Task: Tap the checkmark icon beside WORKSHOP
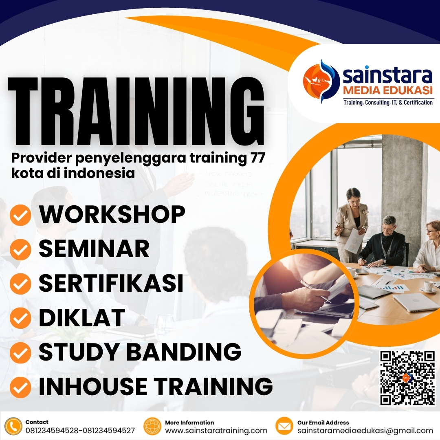[20, 215]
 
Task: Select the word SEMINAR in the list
[94, 249]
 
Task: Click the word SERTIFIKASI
[111, 284]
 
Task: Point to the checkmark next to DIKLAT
[20, 319]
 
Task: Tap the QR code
[407, 378]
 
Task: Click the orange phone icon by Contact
[13, 426]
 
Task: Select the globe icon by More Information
[153, 426]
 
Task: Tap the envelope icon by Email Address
[284, 426]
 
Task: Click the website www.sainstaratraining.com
[216, 431]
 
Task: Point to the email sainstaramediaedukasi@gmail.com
[365, 431]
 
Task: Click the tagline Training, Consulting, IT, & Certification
[388, 103]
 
